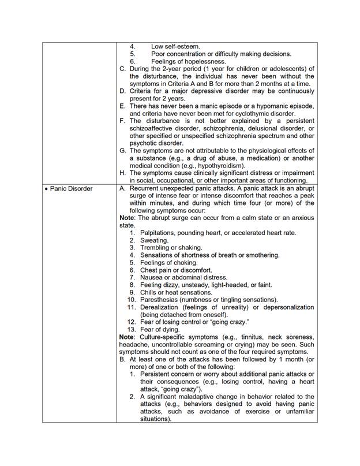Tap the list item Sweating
(154, 240)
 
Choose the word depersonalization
(284, 307)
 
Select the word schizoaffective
(156, 128)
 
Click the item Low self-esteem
(175, 46)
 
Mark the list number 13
(131, 330)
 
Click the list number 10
(131, 300)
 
